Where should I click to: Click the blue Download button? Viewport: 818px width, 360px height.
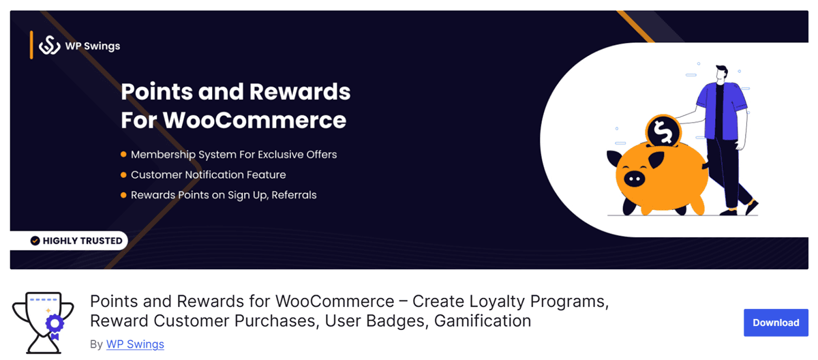pos(776,322)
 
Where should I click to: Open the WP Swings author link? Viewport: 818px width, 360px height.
pos(135,344)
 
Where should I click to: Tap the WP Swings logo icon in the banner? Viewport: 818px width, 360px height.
pos(50,46)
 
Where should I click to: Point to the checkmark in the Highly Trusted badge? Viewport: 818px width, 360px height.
pos(35,241)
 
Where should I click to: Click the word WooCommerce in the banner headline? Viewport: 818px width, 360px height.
pos(255,121)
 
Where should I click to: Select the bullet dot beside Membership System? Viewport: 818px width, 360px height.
pos(123,155)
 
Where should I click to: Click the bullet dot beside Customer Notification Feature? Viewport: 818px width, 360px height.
pos(123,175)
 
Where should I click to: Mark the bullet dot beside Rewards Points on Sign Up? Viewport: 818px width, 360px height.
pos(123,196)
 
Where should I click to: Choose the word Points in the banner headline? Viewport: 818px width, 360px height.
pos(160,91)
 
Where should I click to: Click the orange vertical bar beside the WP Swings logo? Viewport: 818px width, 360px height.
pos(31,45)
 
